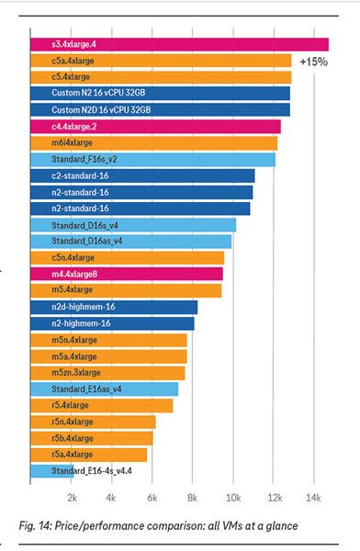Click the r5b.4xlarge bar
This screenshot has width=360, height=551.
[x=92, y=438]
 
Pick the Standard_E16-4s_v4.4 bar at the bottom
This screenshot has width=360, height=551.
[x=83, y=471]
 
